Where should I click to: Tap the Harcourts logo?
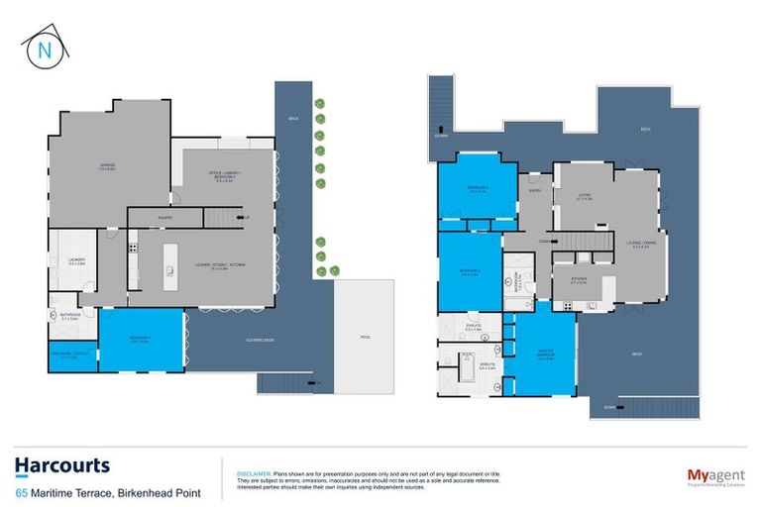coord(61,465)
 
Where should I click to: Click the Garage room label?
coord(107,166)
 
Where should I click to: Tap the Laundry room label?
coord(68,262)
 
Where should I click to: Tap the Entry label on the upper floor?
coord(535,191)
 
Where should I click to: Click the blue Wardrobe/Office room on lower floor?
coord(73,355)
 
